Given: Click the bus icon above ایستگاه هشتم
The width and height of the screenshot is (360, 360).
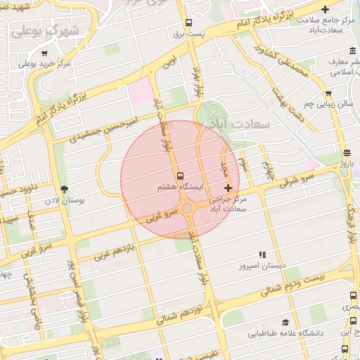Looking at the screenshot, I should click(x=180, y=175).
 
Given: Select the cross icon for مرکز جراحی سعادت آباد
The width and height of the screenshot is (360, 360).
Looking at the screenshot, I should click(x=228, y=188).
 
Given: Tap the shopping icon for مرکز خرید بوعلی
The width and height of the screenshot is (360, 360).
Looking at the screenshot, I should click(x=44, y=53).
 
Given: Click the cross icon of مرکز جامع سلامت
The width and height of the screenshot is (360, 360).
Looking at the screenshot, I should click(x=324, y=9).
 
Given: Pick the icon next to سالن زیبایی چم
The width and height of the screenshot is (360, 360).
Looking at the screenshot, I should click(x=328, y=93).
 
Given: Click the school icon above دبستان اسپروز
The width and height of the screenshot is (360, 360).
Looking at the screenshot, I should click(x=262, y=255).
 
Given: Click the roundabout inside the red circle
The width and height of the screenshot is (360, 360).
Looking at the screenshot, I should click(x=188, y=208).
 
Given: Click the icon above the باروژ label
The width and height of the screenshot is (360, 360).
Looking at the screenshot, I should click(x=347, y=153).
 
